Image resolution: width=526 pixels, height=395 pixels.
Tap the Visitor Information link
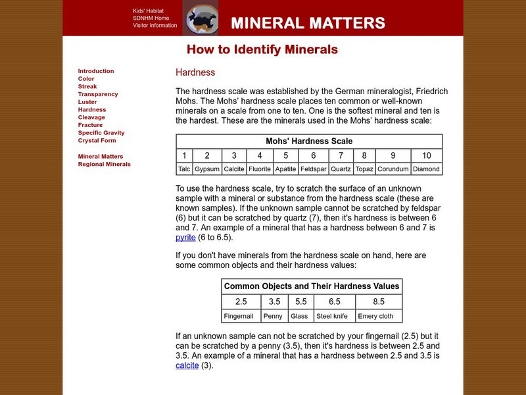(155, 26)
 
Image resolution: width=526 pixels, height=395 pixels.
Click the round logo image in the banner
(200, 18)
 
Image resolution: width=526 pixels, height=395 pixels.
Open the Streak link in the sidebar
(87, 87)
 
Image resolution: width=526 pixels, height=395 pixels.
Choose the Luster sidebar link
(87, 102)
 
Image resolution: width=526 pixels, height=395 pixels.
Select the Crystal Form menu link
(97, 140)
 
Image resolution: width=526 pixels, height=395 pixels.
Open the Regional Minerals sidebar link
(104, 164)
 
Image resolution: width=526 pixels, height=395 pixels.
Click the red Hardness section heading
(195, 72)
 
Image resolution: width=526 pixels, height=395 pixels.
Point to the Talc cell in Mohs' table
(185, 169)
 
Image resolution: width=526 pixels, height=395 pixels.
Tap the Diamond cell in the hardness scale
(427, 169)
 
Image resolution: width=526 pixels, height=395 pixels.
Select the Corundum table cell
(393, 169)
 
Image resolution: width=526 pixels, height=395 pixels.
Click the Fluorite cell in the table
(260, 169)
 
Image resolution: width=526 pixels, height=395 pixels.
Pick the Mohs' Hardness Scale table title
(309, 142)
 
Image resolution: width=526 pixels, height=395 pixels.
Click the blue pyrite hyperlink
(186, 238)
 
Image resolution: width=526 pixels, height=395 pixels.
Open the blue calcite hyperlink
(187, 365)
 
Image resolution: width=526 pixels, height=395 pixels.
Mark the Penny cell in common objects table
(274, 316)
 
